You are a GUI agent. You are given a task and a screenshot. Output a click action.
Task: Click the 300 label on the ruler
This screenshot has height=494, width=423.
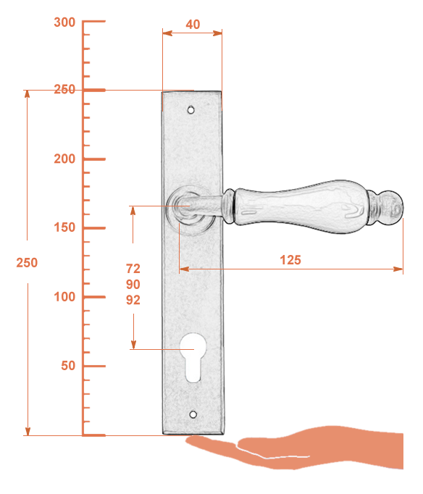pos(64,22)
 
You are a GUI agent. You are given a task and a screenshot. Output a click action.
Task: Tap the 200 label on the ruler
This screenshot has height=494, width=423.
pos(64,159)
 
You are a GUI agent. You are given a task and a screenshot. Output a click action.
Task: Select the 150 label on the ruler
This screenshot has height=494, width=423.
pos(64,227)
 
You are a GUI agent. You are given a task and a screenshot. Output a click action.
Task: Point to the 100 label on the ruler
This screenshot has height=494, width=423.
pos(64,297)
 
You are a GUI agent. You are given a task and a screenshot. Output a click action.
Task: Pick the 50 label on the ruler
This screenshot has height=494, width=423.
pos(68,366)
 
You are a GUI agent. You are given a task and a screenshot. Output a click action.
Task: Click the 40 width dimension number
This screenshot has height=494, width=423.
pos(193,24)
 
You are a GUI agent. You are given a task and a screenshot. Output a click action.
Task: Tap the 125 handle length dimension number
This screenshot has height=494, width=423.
pos(290,260)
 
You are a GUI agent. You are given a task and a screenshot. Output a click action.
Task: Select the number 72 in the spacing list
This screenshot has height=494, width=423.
pos(133,269)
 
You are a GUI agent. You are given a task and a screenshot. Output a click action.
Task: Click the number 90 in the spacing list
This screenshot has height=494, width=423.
pos(133,284)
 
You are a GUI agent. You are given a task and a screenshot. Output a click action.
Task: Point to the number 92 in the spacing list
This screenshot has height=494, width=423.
pos(133,300)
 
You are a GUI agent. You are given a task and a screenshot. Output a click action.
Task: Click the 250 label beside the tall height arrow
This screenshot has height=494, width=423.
pos(27,262)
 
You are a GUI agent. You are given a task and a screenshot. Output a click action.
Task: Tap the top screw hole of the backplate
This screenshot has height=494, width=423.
pos(191,110)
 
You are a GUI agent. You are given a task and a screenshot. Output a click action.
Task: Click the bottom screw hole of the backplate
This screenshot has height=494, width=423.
pos(193,414)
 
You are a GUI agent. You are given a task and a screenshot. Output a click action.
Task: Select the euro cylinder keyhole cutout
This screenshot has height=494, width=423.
pos(193,358)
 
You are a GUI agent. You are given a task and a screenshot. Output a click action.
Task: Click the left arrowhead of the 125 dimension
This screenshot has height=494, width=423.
pos(184,269)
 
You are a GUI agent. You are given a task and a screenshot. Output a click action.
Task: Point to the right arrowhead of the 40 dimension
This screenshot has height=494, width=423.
pos(217,33)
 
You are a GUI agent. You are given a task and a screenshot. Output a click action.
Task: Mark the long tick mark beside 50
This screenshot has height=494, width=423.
pos(94,366)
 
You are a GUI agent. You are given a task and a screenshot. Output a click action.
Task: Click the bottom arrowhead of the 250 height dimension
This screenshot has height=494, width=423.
pos(28,431)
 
